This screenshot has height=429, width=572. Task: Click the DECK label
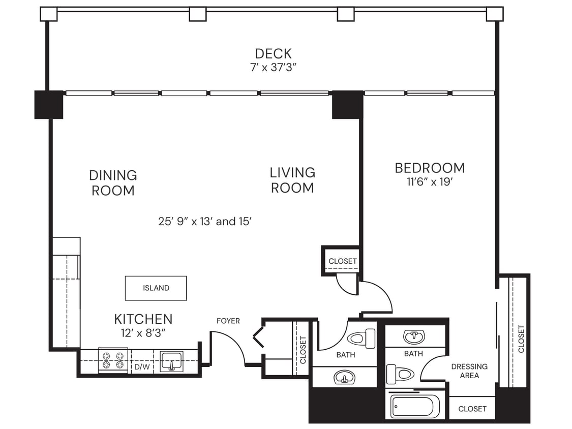[x=273, y=53]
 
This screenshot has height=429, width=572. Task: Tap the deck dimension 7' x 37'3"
[x=273, y=67]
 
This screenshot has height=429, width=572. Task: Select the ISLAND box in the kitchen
[x=156, y=288]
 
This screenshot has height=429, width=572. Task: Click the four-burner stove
[x=113, y=360]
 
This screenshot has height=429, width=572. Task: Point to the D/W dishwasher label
[x=141, y=366]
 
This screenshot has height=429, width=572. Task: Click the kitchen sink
[x=172, y=361]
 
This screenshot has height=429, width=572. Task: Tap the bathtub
[x=415, y=407]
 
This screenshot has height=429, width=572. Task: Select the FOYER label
[x=228, y=321]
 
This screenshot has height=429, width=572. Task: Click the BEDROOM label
[x=430, y=168]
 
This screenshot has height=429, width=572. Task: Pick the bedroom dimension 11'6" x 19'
[x=430, y=182]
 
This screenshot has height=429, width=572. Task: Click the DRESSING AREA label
[x=469, y=371]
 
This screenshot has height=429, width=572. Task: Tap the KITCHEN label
[x=143, y=319]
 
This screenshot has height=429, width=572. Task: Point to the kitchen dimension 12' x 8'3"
[x=143, y=332]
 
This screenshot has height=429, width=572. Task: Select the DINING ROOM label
[x=113, y=183]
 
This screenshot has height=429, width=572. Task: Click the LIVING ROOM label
[x=292, y=180]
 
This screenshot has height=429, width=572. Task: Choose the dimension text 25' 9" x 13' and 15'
[x=205, y=222]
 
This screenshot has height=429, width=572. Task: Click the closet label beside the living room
[x=342, y=261]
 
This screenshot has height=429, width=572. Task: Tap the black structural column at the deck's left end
[x=49, y=105]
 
